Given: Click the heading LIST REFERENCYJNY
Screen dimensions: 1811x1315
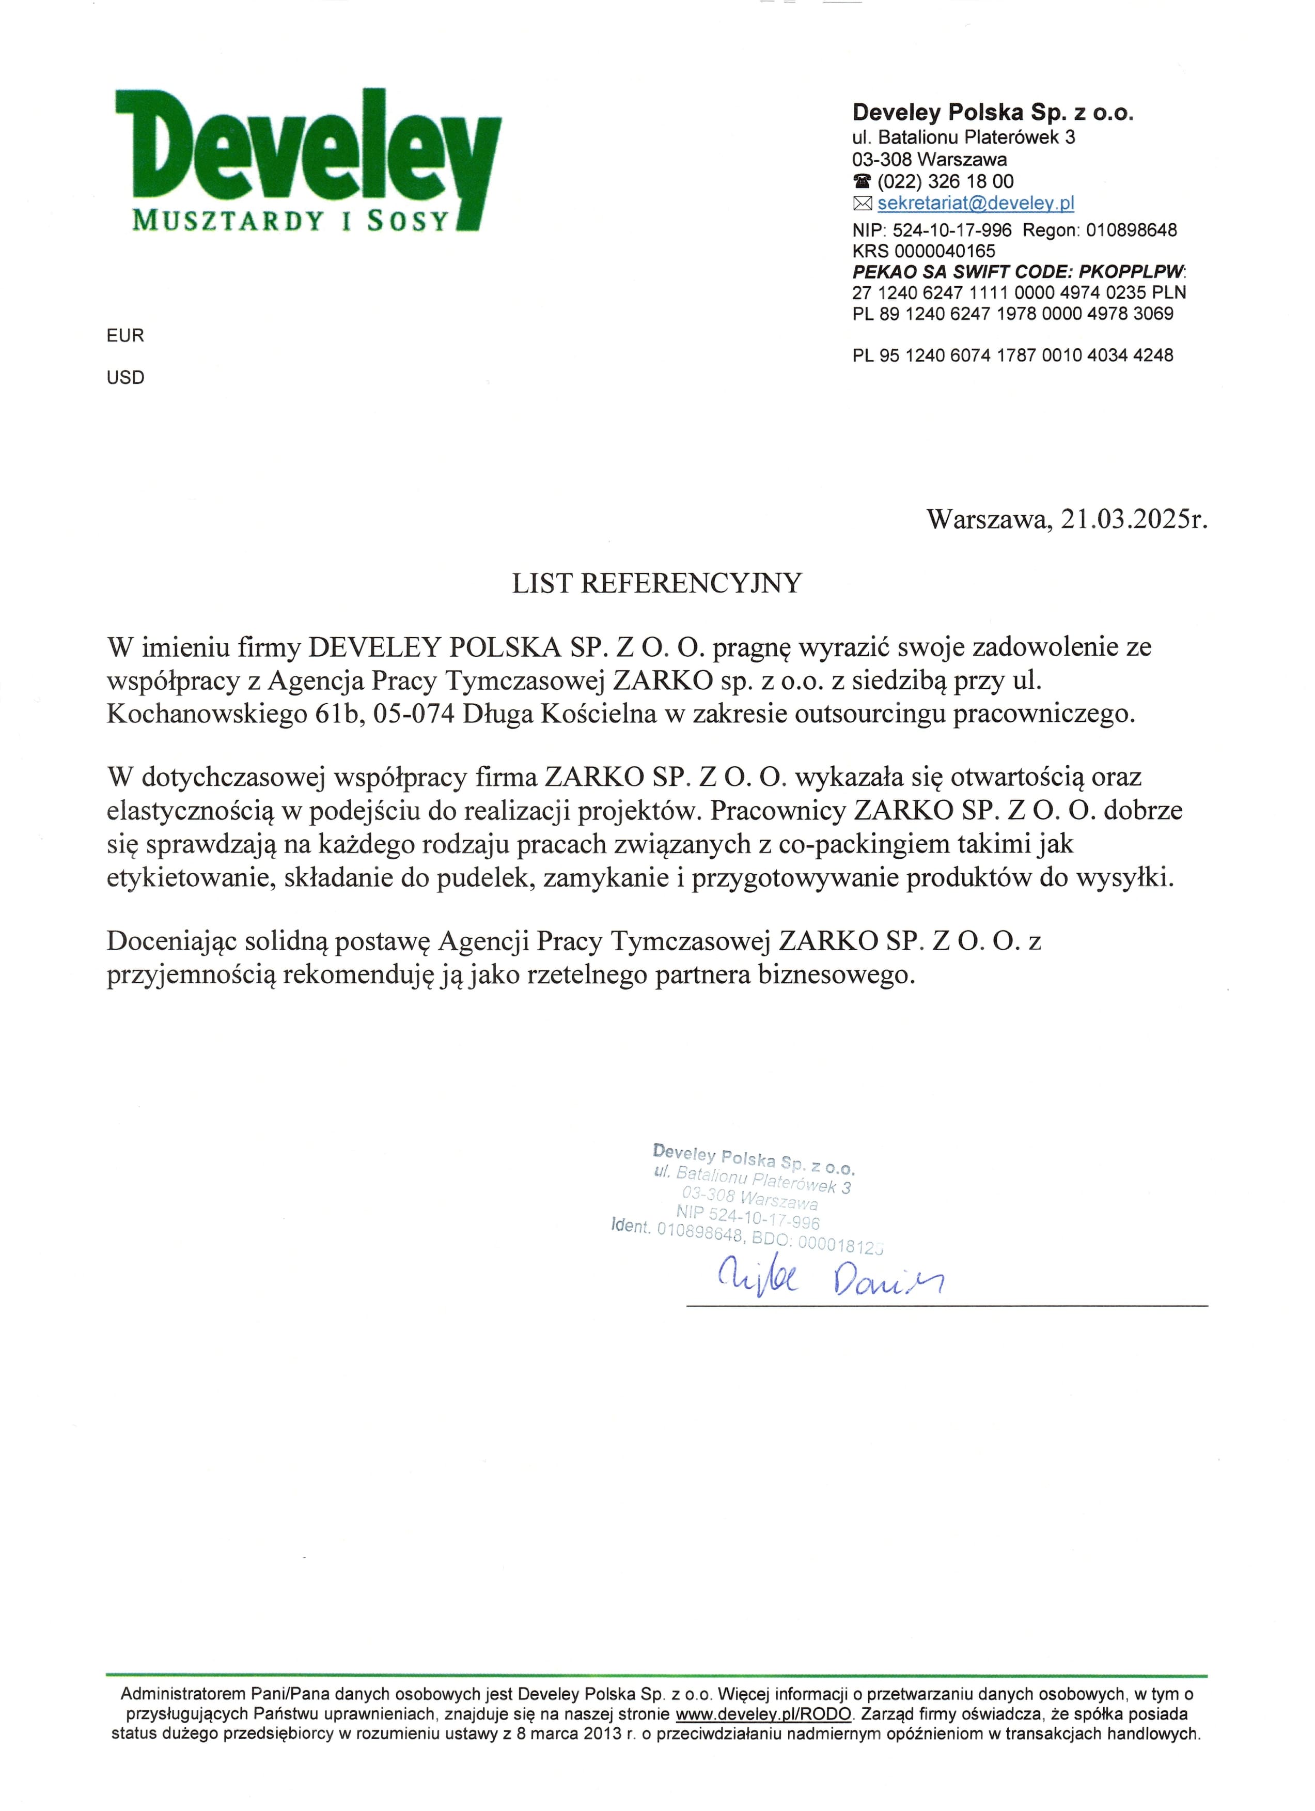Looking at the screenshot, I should coord(656,584).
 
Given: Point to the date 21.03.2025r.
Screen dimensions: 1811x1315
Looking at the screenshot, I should coord(1134,520).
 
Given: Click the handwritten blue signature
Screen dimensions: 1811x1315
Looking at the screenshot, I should coord(831,1280).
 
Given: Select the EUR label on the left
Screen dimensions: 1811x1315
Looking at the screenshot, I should coord(126,335).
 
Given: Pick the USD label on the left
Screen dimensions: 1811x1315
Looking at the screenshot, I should coord(126,378).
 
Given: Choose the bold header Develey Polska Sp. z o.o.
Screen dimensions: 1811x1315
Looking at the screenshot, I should coord(992,113).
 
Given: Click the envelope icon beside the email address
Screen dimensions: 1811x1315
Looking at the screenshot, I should coord(863,204).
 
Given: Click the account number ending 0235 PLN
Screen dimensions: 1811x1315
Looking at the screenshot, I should coord(1019,292).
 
